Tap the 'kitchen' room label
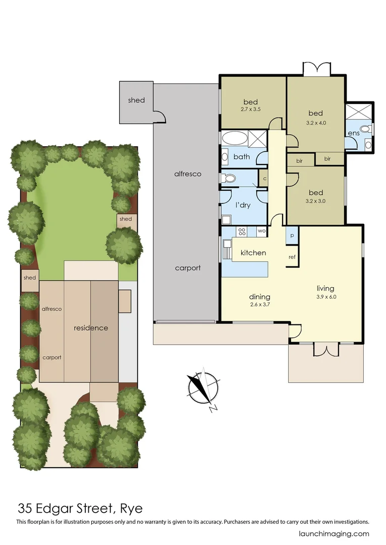point(253,252)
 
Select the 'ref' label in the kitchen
point(292,257)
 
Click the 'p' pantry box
point(292,236)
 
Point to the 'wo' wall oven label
point(261,231)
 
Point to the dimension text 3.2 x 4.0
point(315,122)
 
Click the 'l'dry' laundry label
point(243,205)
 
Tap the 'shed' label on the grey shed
point(136,100)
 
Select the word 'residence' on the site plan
point(91,328)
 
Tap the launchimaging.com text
point(334,534)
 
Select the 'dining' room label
point(260,297)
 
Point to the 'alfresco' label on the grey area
point(187,174)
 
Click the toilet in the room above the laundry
point(230,178)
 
